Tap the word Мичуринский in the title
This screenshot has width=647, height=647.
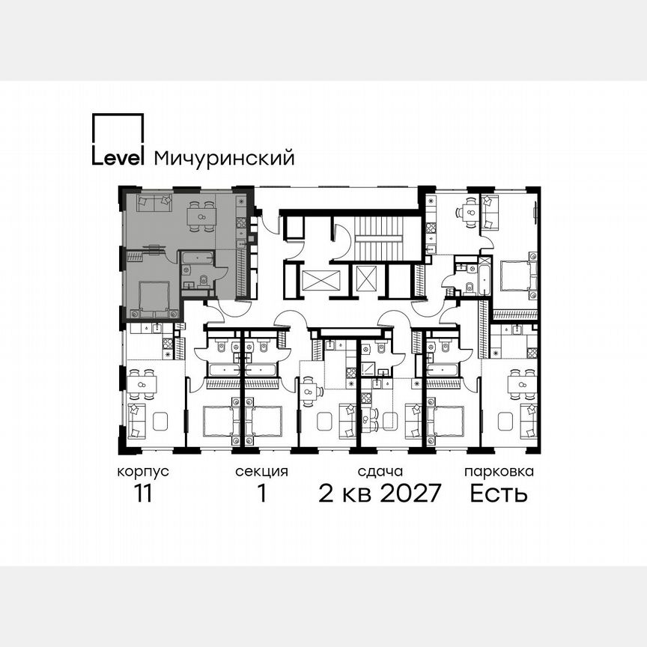(x=223, y=158)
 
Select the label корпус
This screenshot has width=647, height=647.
(x=142, y=472)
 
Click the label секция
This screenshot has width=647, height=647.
(x=261, y=472)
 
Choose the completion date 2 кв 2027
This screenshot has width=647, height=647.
(x=380, y=494)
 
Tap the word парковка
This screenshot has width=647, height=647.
(x=499, y=472)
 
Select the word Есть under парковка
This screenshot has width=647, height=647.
(x=499, y=494)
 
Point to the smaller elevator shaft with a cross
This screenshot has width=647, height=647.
(x=366, y=279)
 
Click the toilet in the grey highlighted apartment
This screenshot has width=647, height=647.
(x=204, y=281)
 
